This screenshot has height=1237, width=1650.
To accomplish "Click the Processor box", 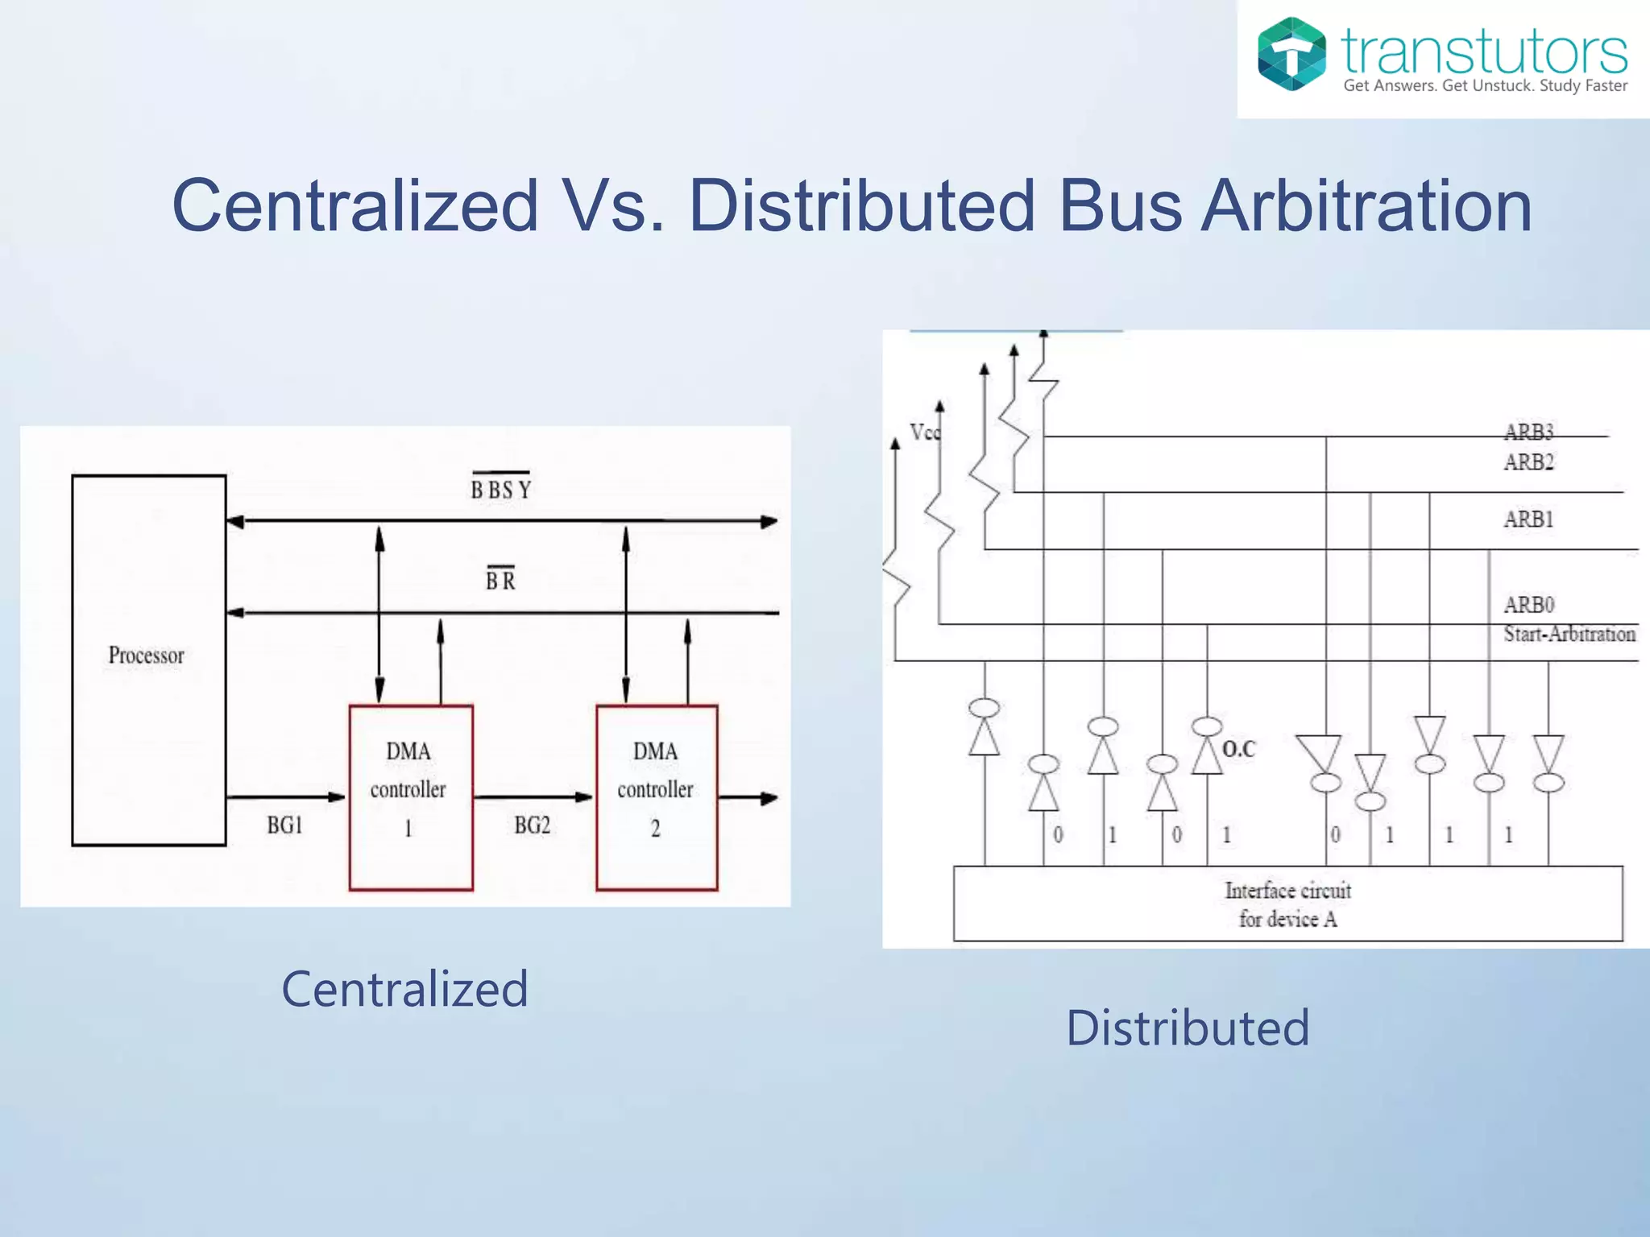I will pyautogui.click(x=148, y=660).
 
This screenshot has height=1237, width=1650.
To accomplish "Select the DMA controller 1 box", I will pyautogui.click(x=410, y=796).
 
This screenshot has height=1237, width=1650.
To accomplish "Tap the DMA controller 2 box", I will pyautogui.click(x=657, y=796).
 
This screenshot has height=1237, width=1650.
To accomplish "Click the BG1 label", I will pyautogui.click(x=284, y=825).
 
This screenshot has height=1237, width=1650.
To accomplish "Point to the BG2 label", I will pyautogui.click(x=532, y=825).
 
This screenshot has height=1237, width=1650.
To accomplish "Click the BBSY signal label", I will pyautogui.click(x=500, y=489).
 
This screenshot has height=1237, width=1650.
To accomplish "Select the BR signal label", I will pyautogui.click(x=500, y=580).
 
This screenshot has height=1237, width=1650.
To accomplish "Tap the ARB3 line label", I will pyautogui.click(x=1528, y=432).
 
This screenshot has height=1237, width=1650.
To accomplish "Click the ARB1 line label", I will pyautogui.click(x=1528, y=519).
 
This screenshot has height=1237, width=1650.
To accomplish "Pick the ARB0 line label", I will pyautogui.click(x=1528, y=605).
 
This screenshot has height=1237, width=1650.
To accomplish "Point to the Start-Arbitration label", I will pyautogui.click(x=1569, y=635).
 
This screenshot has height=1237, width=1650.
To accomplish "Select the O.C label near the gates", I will pyautogui.click(x=1238, y=749).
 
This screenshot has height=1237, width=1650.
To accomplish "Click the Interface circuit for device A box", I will pyautogui.click(x=1287, y=904).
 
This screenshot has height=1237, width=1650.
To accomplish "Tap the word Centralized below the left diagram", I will pyautogui.click(x=404, y=989).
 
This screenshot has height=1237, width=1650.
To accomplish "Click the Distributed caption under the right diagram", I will pyautogui.click(x=1188, y=1028).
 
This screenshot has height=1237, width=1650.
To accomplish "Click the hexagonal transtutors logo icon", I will pyautogui.click(x=1291, y=54).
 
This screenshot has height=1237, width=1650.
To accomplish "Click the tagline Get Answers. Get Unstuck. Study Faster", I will pyautogui.click(x=1485, y=85).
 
